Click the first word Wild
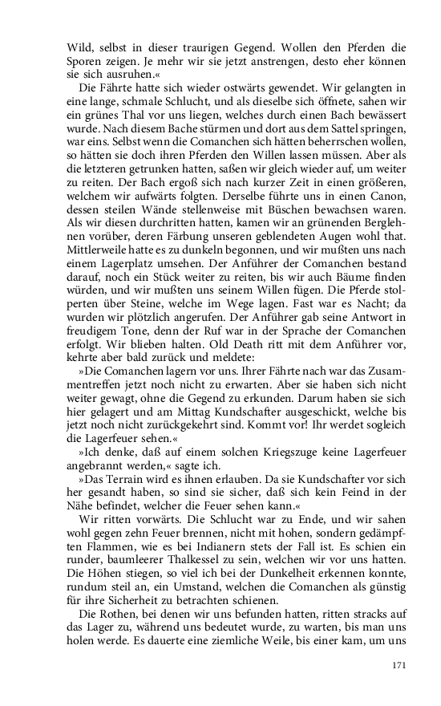tap(80, 46)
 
